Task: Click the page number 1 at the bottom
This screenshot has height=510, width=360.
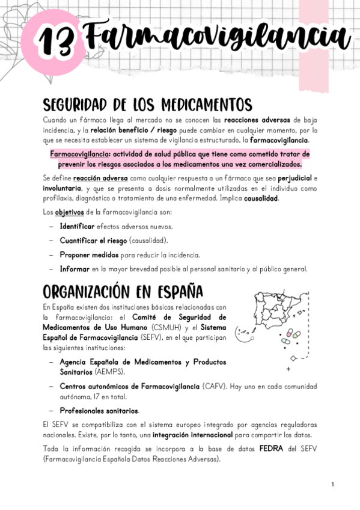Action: tap(332, 484)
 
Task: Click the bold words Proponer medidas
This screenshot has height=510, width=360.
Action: tap(85, 254)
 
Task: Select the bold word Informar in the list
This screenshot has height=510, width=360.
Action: tap(75, 269)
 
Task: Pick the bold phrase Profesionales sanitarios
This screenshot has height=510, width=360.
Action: tap(99, 411)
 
